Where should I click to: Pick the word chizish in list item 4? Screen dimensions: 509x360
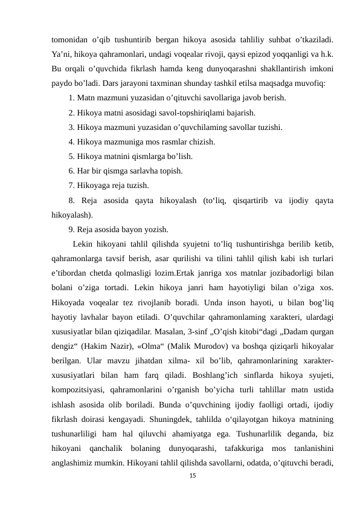coord(201,142)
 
